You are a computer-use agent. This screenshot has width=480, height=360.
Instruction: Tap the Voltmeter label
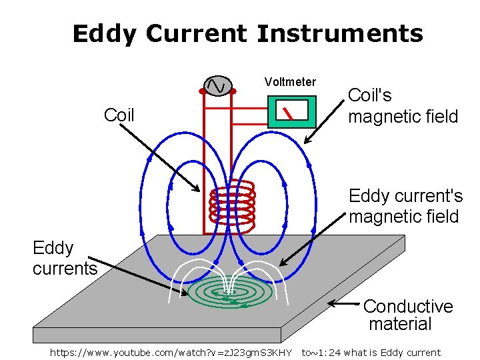click(x=290, y=82)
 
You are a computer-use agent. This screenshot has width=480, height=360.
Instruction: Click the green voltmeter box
click(x=291, y=111)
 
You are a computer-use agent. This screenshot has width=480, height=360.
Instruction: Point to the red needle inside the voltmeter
click(x=287, y=113)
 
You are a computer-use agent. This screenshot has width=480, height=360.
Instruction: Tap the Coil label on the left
click(x=119, y=115)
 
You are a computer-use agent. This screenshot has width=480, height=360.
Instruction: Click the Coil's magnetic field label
click(x=403, y=106)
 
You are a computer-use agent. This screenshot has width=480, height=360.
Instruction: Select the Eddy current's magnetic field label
click(x=405, y=206)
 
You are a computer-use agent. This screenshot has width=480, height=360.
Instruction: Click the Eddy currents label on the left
click(x=64, y=258)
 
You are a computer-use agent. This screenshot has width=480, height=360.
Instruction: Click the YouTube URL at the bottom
click(x=171, y=353)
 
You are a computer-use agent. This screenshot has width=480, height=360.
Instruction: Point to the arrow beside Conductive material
click(x=345, y=304)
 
